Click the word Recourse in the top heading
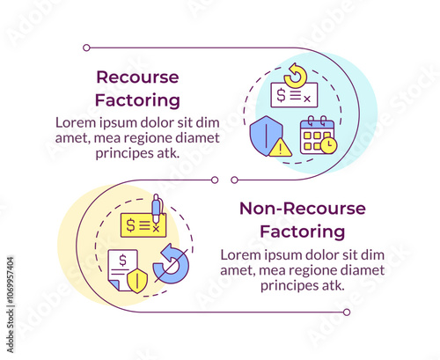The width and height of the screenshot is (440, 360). pos(137,77)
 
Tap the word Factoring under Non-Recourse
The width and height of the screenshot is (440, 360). pos(303,231)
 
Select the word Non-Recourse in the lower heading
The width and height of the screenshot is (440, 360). pos(303,209)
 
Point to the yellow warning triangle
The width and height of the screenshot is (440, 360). pos(281,148)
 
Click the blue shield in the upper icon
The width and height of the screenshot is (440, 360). pos(266,136)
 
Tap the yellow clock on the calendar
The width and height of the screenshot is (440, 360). pos(329,145)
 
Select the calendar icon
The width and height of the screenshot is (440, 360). pos(319,135)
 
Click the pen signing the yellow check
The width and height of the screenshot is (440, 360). pos(157,209)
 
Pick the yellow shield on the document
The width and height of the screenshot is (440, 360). pos(137,282)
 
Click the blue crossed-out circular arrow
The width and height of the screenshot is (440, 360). pos(171,264)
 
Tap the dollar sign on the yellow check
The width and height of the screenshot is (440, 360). pos(130,225)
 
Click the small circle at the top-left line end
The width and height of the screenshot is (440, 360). pos(86,48)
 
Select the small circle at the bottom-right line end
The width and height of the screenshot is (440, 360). pos(347,312)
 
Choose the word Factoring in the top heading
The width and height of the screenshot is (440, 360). pos(137,100)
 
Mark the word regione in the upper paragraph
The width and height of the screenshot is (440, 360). pos(150,138)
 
